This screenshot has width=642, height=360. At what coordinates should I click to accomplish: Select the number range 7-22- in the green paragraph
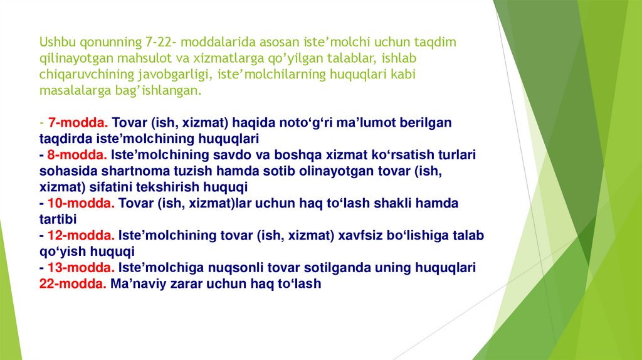point(160,42)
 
